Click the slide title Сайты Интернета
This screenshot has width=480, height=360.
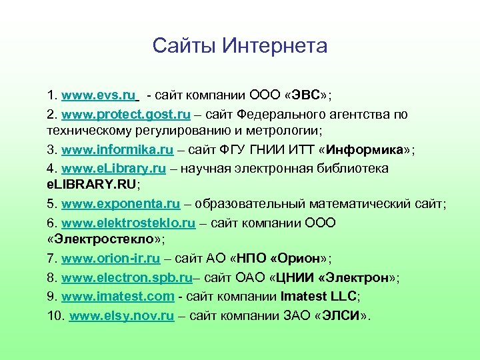tap(239, 46)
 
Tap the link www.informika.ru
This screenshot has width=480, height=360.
tap(117, 151)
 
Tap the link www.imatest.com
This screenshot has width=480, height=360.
tap(118, 295)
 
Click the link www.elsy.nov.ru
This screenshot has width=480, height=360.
tap(122, 314)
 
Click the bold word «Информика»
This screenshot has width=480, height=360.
tap(374, 151)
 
